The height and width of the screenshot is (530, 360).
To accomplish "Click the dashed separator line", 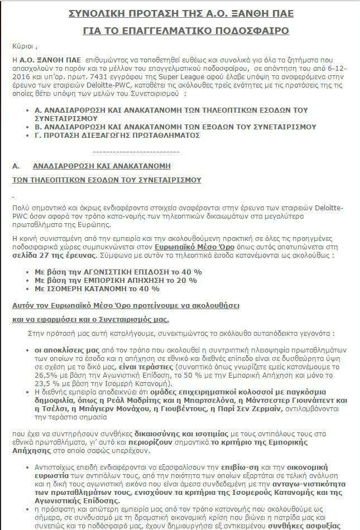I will click(x=132, y=151).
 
